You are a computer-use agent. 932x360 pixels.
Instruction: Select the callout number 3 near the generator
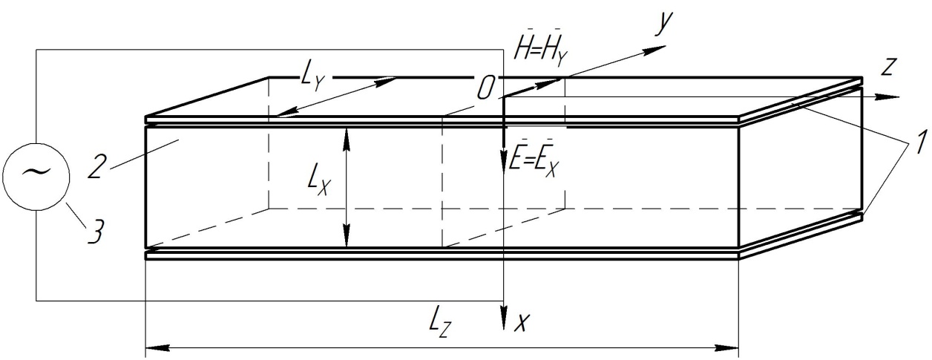pyautogui.click(x=95, y=229)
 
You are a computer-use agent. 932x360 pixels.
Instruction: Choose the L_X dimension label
pyautogui.click(x=319, y=183)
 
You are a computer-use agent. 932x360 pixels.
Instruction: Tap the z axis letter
pyautogui.click(x=887, y=67)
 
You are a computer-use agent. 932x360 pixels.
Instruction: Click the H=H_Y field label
pyautogui.click(x=540, y=52)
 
